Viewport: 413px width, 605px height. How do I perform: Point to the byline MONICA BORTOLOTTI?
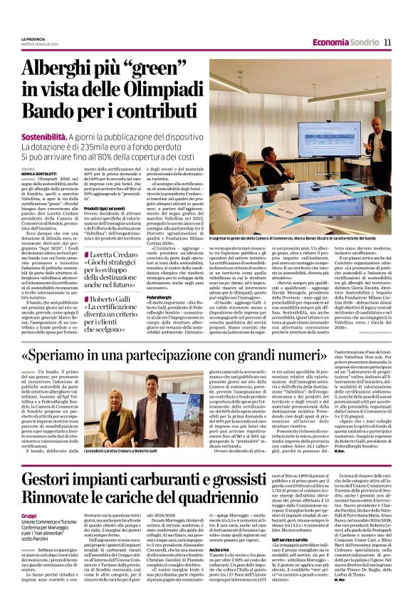[x=37, y=174]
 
